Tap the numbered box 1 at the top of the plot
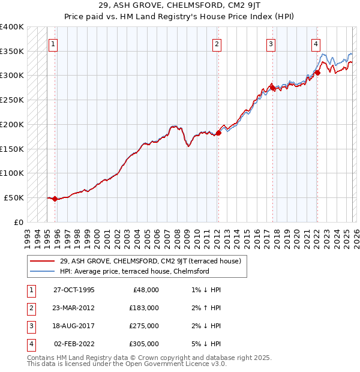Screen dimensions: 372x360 point(53,44)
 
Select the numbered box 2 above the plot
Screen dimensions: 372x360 point(217,44)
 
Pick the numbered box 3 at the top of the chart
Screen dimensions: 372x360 point(271,44)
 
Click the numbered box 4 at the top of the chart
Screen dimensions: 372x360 point(316,44)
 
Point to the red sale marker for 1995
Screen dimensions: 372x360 point(55,199)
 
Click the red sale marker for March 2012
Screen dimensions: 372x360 point(218,133)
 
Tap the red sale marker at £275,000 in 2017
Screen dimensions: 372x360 point(272,88)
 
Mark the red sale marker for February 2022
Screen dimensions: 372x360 point(317,73)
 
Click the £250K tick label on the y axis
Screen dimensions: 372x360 point(12,100)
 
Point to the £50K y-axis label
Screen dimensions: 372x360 point(14,197)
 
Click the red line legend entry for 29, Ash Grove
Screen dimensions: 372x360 point(150,261)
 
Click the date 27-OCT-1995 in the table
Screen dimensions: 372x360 point(73,290)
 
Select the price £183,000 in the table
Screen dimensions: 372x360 point(144,308)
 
